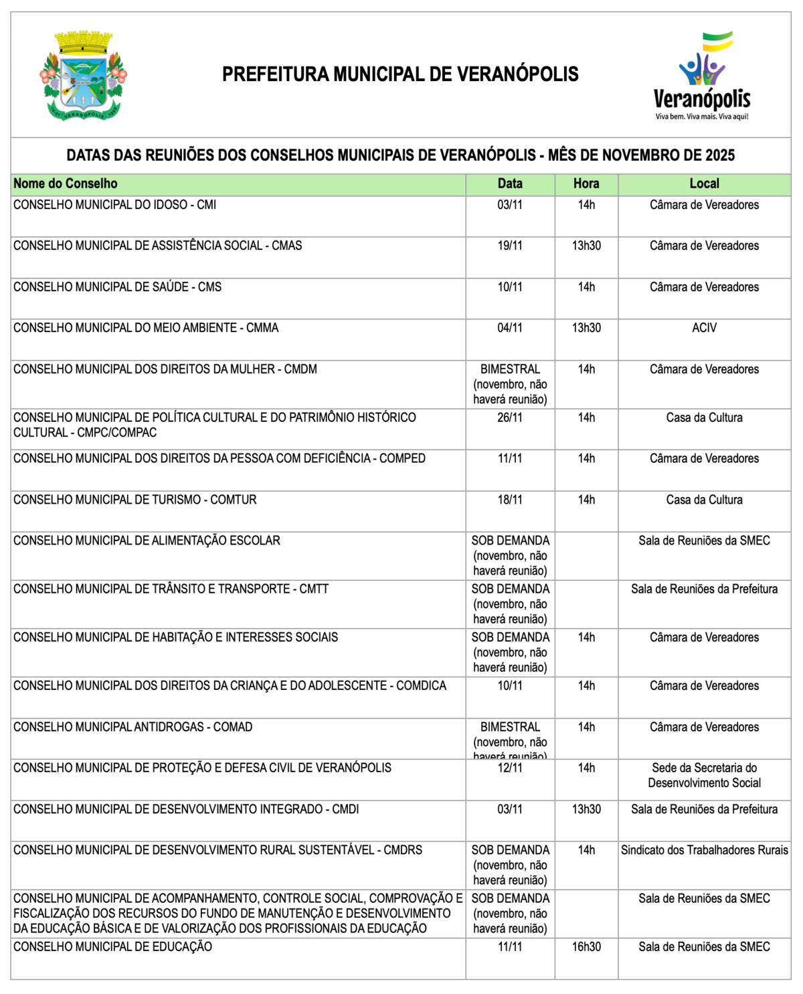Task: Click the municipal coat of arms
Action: [84, 75]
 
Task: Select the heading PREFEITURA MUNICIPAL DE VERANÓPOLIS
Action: [400, 74]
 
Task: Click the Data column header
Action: [510, 184]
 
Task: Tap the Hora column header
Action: [586, 184]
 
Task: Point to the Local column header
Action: [704, 184]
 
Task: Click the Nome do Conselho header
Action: [66, 184]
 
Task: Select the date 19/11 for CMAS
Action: [510, 246]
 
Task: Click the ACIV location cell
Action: [704, 328]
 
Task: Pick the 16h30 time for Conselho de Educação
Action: [586, 946]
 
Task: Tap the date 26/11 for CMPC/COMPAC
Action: [510, 417]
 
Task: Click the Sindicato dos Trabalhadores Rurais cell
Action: [704, 850]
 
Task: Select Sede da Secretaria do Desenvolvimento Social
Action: [704, 775]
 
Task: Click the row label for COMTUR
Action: [135, 500]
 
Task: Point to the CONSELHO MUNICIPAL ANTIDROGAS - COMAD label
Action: [133, 727]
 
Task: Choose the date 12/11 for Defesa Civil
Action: [510, 768]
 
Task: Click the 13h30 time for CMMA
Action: [586, 328]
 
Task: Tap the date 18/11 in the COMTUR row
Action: [510, 500]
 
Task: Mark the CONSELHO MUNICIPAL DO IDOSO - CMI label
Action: [115, 205]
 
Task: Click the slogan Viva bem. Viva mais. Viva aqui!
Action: [702, 117]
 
